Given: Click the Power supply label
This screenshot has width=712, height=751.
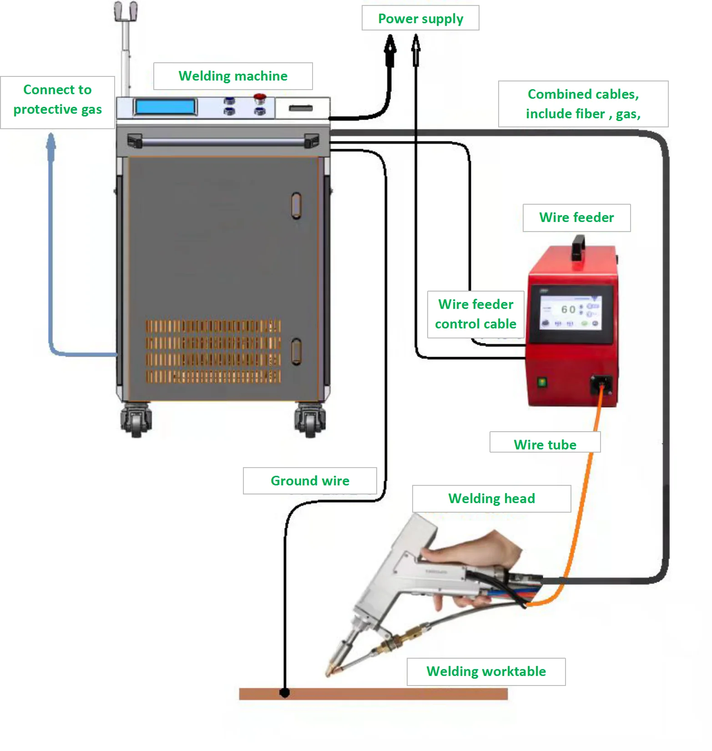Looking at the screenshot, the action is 420,18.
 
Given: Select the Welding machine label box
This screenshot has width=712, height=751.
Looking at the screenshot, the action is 233,76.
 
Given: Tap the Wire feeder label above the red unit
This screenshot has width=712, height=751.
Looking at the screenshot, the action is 576,218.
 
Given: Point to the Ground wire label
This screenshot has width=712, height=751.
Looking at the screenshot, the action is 310,481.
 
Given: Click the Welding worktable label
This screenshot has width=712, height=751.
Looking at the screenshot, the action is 486,671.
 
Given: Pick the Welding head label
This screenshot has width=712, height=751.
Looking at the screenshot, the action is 491,499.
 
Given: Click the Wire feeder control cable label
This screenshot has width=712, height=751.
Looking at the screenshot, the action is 476,314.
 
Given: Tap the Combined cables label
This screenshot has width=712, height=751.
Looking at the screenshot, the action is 583,104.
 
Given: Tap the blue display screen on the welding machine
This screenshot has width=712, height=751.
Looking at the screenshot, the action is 165,107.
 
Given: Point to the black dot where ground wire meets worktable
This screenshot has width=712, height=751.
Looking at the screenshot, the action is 285,693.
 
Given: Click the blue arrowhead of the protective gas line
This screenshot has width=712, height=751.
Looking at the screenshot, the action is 51,142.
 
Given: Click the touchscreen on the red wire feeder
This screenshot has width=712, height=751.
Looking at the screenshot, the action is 571,312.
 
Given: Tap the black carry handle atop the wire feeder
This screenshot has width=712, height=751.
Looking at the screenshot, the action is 578,247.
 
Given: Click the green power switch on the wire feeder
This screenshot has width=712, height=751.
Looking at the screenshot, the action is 542,382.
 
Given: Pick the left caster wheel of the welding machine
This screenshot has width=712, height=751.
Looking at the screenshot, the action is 136,420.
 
